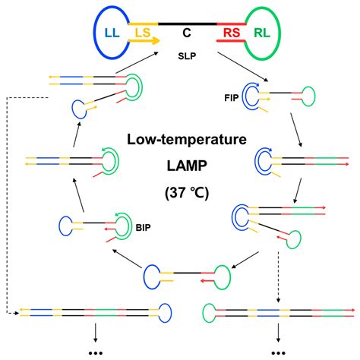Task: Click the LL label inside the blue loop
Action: coord(112,33)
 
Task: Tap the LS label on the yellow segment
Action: coord(142,33)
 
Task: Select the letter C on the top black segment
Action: coord(185,33)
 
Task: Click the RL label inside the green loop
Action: coord(261,33)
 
